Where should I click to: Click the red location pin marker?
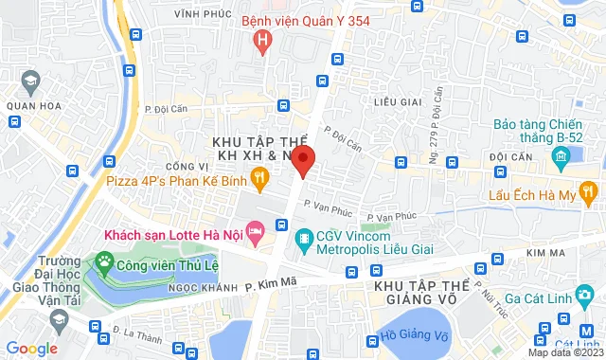point(302,159)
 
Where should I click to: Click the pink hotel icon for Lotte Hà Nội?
point(254,231)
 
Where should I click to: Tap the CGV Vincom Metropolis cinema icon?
point(304,237)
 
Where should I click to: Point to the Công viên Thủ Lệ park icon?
point(101,260)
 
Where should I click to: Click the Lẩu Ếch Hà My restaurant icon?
point(588,193)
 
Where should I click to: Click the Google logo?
point(31,349)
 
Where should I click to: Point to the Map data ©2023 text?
point(565,352)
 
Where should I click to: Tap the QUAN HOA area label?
point(27,106)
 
